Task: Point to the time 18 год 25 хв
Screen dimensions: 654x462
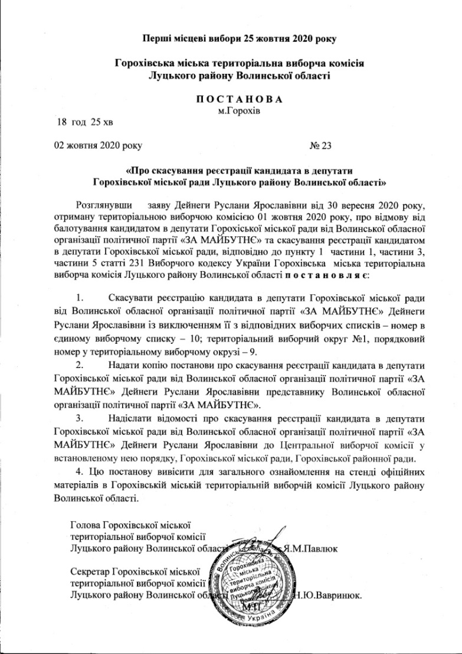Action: point(80,122)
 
